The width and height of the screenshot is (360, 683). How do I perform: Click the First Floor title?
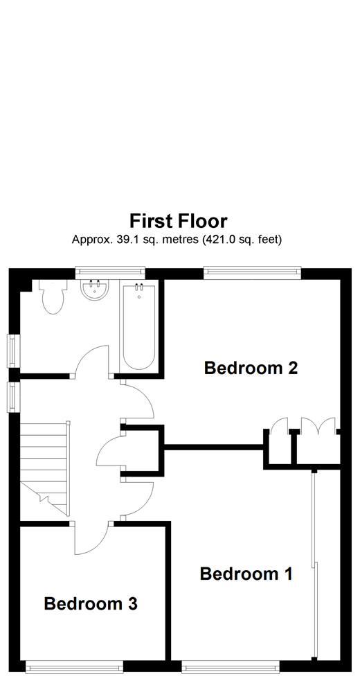point(179,221)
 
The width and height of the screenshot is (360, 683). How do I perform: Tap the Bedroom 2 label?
point(251,368)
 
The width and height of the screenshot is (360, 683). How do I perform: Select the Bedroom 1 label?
point(246,574)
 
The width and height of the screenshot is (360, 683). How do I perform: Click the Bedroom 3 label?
point(91,604)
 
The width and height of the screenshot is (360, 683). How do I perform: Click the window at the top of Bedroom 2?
point(252,272)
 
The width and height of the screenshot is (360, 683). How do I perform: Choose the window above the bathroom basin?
point(110,272)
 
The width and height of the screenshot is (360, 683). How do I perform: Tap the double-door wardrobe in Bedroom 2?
point(316,426)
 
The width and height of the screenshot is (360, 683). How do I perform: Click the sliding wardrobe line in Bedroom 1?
point(314,568)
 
